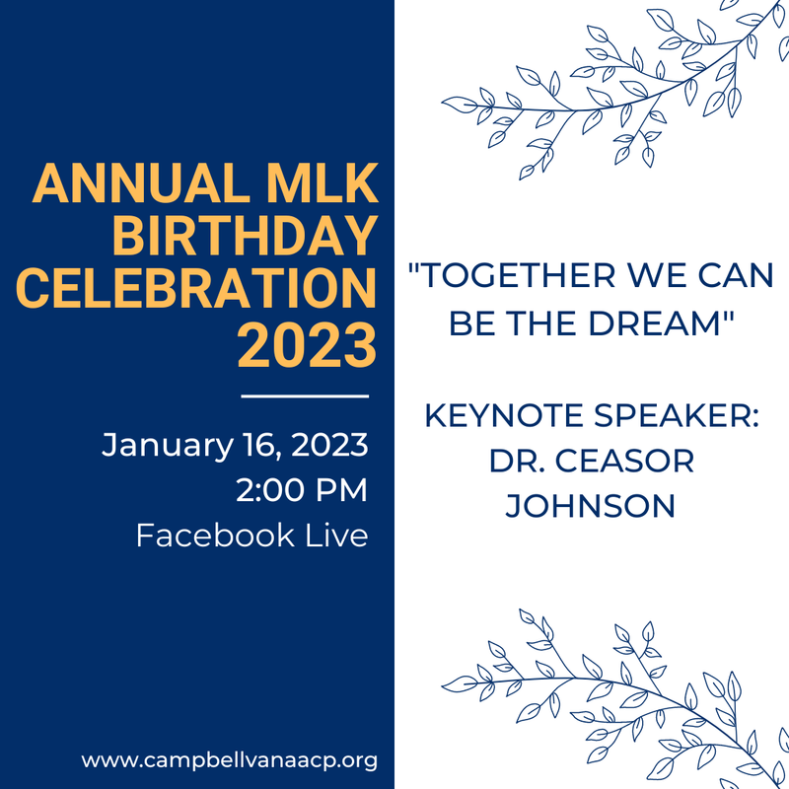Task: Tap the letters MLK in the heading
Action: point(323,184)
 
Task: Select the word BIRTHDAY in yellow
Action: point(245,237)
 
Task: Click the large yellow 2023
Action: point(307,341)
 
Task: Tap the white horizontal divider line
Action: point(305,396)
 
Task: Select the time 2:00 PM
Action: point(302,490)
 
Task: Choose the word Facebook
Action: point(215,536)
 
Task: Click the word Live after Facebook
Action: point(336,536)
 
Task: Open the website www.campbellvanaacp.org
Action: point(229,760)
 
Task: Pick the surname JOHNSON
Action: point(590,506)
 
